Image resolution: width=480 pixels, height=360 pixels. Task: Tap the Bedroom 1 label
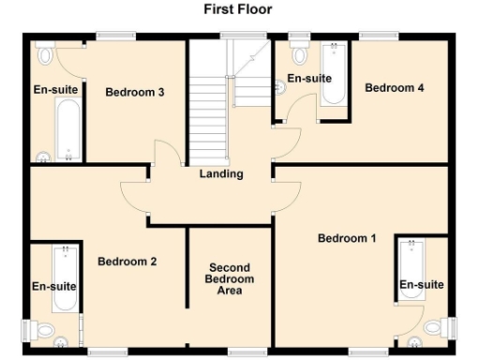(x=347, y=238)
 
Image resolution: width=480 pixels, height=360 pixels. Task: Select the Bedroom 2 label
(x=127, y=262)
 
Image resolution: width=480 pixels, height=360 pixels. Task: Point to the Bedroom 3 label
(x=135, y=92)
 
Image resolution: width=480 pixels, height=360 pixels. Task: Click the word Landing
(x=221, y=173)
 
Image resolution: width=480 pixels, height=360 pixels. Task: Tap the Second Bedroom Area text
(x=231, y=279)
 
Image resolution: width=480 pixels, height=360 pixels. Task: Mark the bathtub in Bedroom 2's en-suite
(x=65, y=277)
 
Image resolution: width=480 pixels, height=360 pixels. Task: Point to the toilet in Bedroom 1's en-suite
(x=434, y=327)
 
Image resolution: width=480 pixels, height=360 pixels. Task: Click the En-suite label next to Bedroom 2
(x=52, y=286)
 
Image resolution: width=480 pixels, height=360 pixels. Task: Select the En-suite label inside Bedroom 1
(x=421, y=284)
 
